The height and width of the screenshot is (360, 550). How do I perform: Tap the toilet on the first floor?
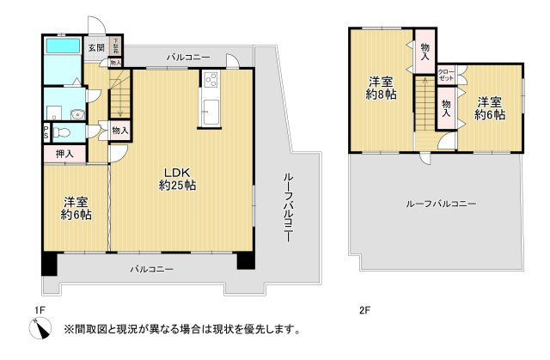coord(62,133)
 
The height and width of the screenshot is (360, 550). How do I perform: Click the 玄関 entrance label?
coord(95,48)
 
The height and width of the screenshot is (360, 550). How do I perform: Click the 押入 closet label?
coord(64,156)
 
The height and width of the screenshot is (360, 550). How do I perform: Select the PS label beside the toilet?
coord(46,133)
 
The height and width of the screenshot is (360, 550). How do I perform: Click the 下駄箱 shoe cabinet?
coord(115,48)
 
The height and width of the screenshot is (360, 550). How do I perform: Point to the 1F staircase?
coord(120,94)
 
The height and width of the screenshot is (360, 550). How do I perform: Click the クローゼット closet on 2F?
coord(447,75)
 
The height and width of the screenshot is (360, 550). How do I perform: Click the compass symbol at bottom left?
coord(40,327)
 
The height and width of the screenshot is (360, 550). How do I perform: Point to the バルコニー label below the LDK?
coord(152,269)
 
